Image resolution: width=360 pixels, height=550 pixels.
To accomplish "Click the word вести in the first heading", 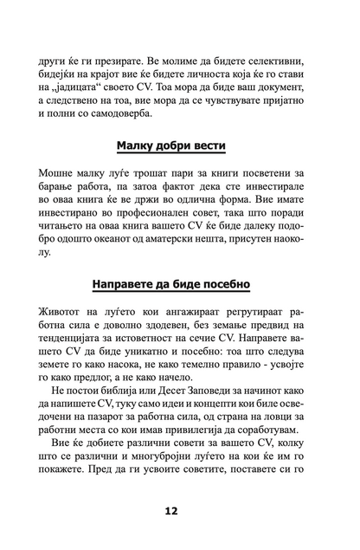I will (212, 145).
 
